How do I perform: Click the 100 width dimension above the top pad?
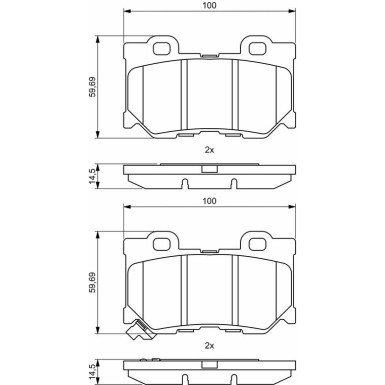pos(209,6)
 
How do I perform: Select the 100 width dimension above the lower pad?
pos(209,202)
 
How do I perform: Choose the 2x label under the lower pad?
pos(209,345)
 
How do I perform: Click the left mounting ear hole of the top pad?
pos(158,46)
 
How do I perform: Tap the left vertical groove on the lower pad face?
pos(187,292)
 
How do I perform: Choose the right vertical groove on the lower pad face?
pos(233,292)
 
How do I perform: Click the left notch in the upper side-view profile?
pos(187,182)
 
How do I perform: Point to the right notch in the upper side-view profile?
pos(233,182)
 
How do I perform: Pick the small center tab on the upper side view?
pos(209,167)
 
